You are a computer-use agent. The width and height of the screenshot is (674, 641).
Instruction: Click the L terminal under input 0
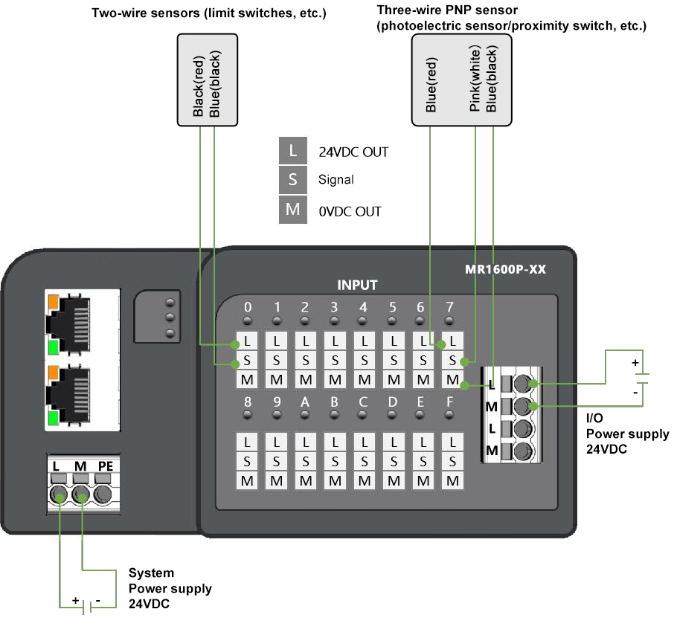pos(247,342)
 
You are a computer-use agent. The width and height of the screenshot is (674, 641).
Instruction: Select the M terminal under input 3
pos(335,380)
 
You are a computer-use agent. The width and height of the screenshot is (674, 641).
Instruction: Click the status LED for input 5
pos(393,321)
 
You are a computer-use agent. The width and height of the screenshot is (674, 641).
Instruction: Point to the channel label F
pos(449,402)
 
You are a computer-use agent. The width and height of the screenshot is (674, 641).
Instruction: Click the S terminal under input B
pos(335,461)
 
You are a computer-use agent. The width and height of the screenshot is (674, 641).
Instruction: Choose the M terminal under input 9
pos(276,480)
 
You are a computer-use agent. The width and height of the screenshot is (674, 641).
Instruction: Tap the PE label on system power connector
pos(106,466)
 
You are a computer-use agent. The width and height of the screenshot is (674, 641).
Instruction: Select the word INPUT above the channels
pos(357,285)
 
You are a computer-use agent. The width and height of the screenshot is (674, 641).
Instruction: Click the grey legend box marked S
pos(293,179)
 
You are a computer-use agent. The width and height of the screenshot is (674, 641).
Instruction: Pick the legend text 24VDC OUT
pos(353,152)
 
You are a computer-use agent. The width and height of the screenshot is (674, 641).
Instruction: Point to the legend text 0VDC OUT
pos(350,211)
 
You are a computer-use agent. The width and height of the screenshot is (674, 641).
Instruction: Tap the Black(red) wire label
pos(199,88)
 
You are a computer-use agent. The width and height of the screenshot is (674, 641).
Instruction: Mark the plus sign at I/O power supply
pos(635,363)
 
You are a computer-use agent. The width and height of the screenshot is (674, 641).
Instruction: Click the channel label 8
pos(247,402)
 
